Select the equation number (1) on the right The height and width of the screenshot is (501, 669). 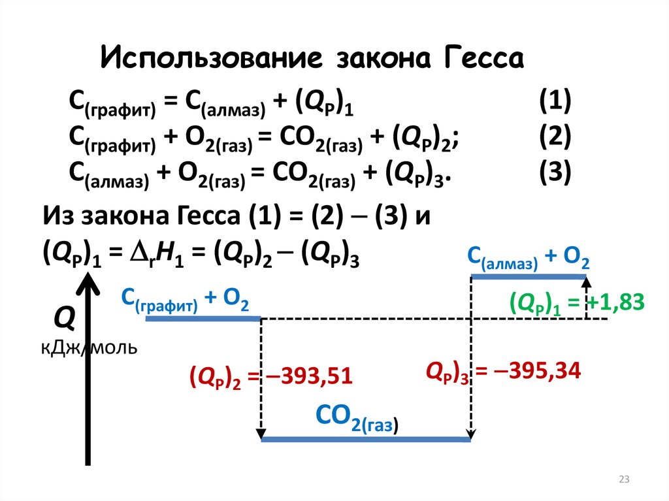pyautogui.click(x=555, y=103)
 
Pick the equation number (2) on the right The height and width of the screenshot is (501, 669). pyautogui.click(x=555, y=137)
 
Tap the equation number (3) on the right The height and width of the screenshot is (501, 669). pyautogui.click(x=555, y=172)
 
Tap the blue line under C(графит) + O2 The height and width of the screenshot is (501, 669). pyautogui.click(x=203, y=319)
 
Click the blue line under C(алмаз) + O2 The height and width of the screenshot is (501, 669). pyautogui.click(x=529, y=277)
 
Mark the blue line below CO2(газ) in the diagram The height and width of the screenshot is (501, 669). pyautogui.click(x=365, y=440)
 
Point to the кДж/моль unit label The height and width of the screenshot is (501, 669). pyautogui.click(x=89, y=347)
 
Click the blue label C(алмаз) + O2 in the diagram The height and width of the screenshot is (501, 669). pyautogui.click(x=529, y=259)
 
